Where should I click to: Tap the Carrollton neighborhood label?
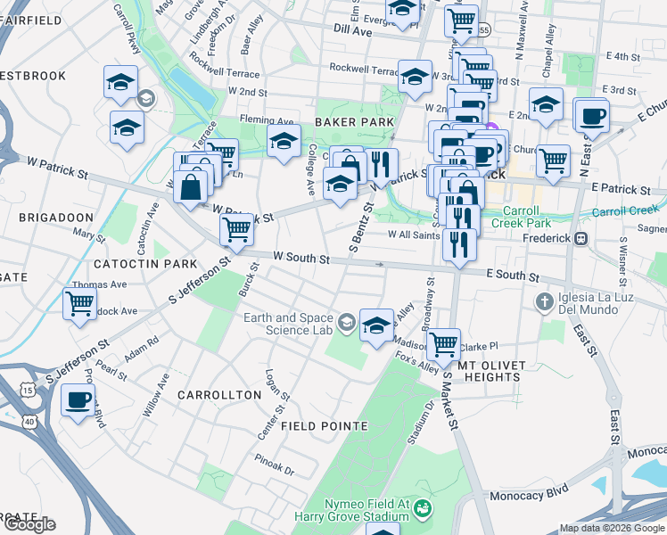(211, 394)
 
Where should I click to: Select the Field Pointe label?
(323, 426)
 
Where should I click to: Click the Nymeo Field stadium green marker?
(423, 510)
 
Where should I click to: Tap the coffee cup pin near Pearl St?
(78, 399)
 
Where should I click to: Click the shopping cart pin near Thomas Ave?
(79, 304)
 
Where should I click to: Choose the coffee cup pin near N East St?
(593, 115)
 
